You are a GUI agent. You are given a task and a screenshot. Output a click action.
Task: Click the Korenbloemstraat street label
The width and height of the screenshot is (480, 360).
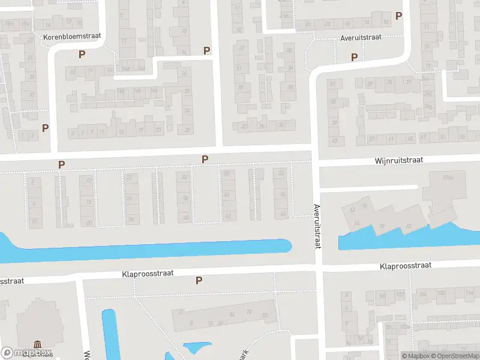(x=71, y=37)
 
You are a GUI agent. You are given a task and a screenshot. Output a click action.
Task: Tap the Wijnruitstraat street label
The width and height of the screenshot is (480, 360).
(x=399, y=161)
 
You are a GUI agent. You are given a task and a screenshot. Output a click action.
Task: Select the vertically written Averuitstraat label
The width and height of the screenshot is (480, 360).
(x=316, y=226)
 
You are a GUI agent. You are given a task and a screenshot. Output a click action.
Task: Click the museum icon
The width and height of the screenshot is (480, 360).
(x=38, y=344)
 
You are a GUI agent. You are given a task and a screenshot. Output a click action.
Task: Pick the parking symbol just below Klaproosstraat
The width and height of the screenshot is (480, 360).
(x=199, y=280)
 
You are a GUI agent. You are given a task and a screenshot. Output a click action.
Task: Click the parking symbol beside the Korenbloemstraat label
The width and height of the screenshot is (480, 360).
(x=82, y=54)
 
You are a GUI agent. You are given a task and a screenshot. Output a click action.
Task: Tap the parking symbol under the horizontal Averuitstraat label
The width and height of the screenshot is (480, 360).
(x=354, y=58)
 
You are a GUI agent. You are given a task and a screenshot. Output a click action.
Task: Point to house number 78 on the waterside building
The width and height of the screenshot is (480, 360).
(x=381, y=227)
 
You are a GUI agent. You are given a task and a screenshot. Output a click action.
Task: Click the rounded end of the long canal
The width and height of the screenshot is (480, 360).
(x=286, y=245)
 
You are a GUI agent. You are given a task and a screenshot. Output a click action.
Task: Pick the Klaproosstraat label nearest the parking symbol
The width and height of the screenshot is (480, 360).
(x=148, y=273)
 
